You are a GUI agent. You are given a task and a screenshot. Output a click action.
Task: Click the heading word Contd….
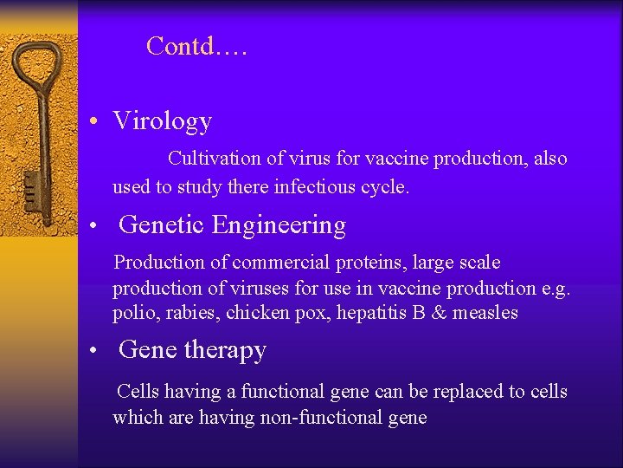[x=197, y=46]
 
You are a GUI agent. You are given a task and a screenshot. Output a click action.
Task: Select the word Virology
[x=162, y=121]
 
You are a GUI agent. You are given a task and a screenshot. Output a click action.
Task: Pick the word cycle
[x=385, y=186]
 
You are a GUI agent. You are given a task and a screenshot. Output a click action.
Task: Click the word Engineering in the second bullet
[x=279, y=225]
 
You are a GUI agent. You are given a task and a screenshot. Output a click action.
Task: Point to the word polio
[x=132, y=313]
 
